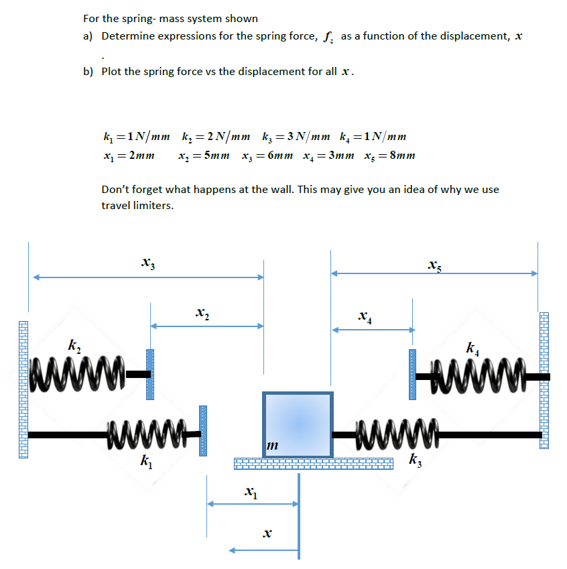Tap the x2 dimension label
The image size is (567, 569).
[x=202, y=312]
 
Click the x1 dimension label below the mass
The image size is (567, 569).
[x=249, y=493]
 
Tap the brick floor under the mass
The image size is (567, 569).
[x=313, y=463]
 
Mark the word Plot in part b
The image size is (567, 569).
[x=112, y=72]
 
